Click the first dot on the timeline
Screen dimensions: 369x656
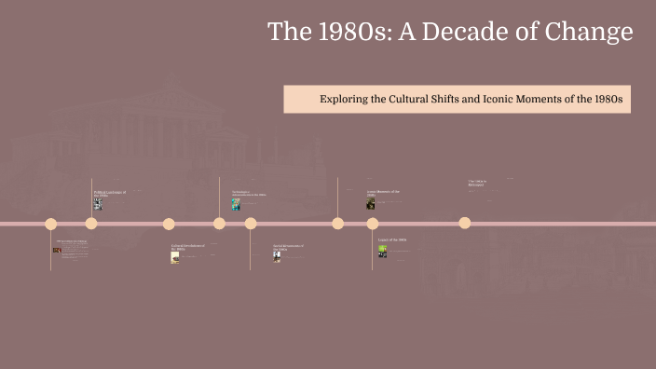[51, 224]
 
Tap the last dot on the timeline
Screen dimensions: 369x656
[465, 223]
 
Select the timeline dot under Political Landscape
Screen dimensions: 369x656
[91, 224]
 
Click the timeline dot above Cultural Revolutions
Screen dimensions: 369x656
[169, 224]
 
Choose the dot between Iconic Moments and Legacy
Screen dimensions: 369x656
[373, 224]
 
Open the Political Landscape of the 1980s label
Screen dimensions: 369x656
[109, 193]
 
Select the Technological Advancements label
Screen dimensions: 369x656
[249, 194]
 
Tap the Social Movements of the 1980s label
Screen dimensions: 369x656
[289, 247]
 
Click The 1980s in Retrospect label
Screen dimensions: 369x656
[477, 183]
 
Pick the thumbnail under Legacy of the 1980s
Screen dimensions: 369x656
[382, 251]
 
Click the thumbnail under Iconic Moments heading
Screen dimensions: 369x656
[371, 203]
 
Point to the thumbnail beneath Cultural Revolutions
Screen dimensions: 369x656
[175, 258]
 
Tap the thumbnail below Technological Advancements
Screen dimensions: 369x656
[237, 205]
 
